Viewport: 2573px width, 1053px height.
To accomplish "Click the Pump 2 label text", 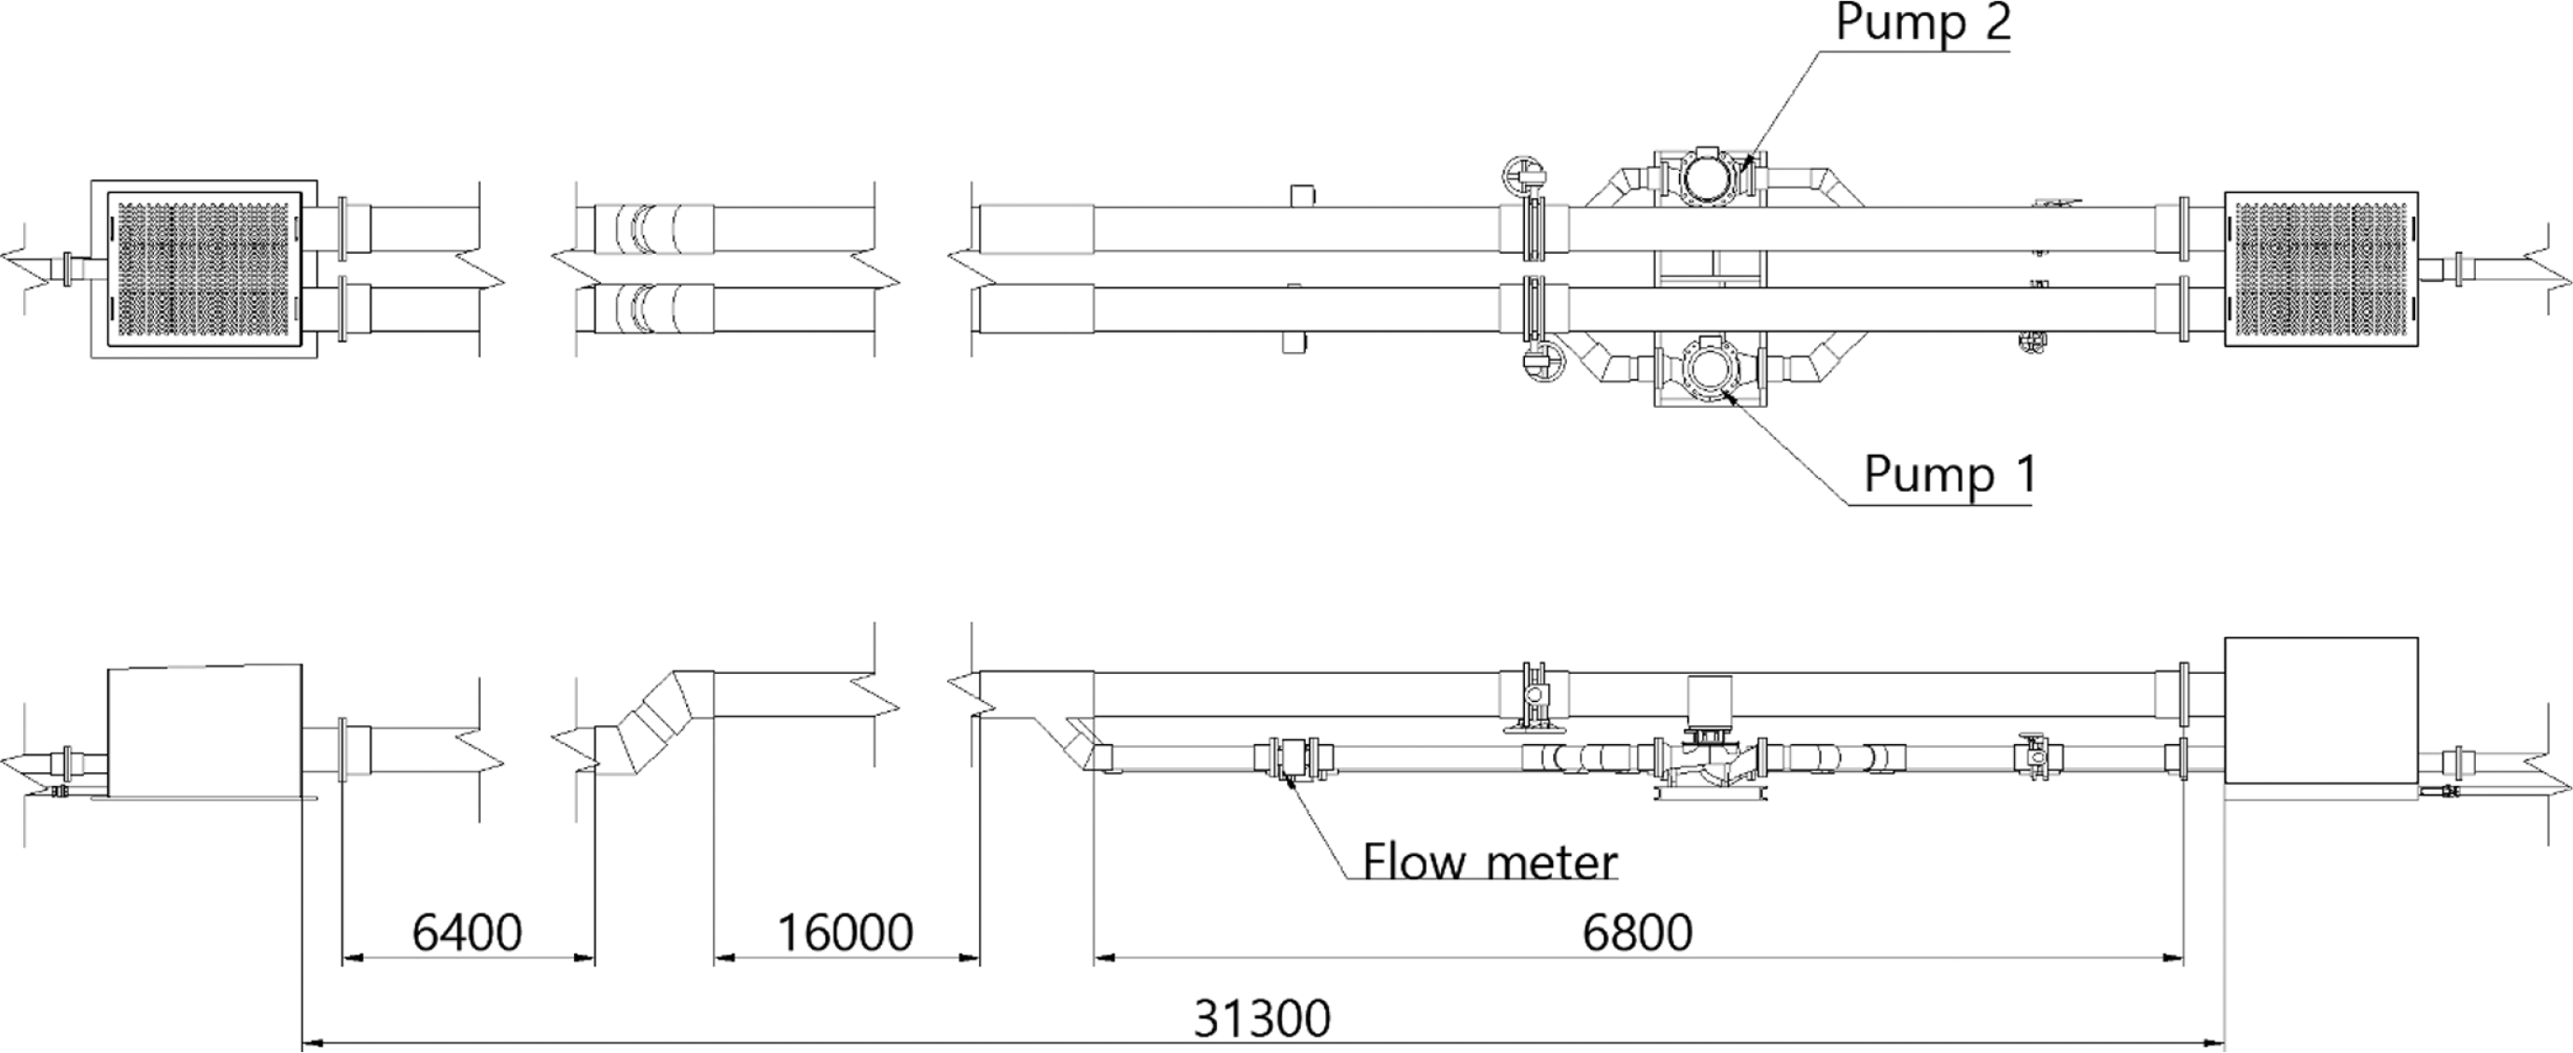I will click(1923, 23).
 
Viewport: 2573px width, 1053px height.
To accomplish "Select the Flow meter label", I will click(1489, 862).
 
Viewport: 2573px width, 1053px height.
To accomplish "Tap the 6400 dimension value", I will click(467, 934).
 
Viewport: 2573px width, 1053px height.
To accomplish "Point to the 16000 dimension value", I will click(845, 934).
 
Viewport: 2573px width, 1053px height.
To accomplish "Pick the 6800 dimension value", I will click(1637, 934).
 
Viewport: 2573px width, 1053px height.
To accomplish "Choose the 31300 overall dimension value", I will click(1263, 1019).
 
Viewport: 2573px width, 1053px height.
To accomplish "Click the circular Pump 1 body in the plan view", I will click(1709, 369).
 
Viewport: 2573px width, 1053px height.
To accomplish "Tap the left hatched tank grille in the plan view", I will click(203, 269).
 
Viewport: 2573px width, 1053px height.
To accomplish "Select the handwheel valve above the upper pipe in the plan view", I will click(1524, 175).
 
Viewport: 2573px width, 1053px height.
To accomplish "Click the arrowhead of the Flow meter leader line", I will click(1289, 782).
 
